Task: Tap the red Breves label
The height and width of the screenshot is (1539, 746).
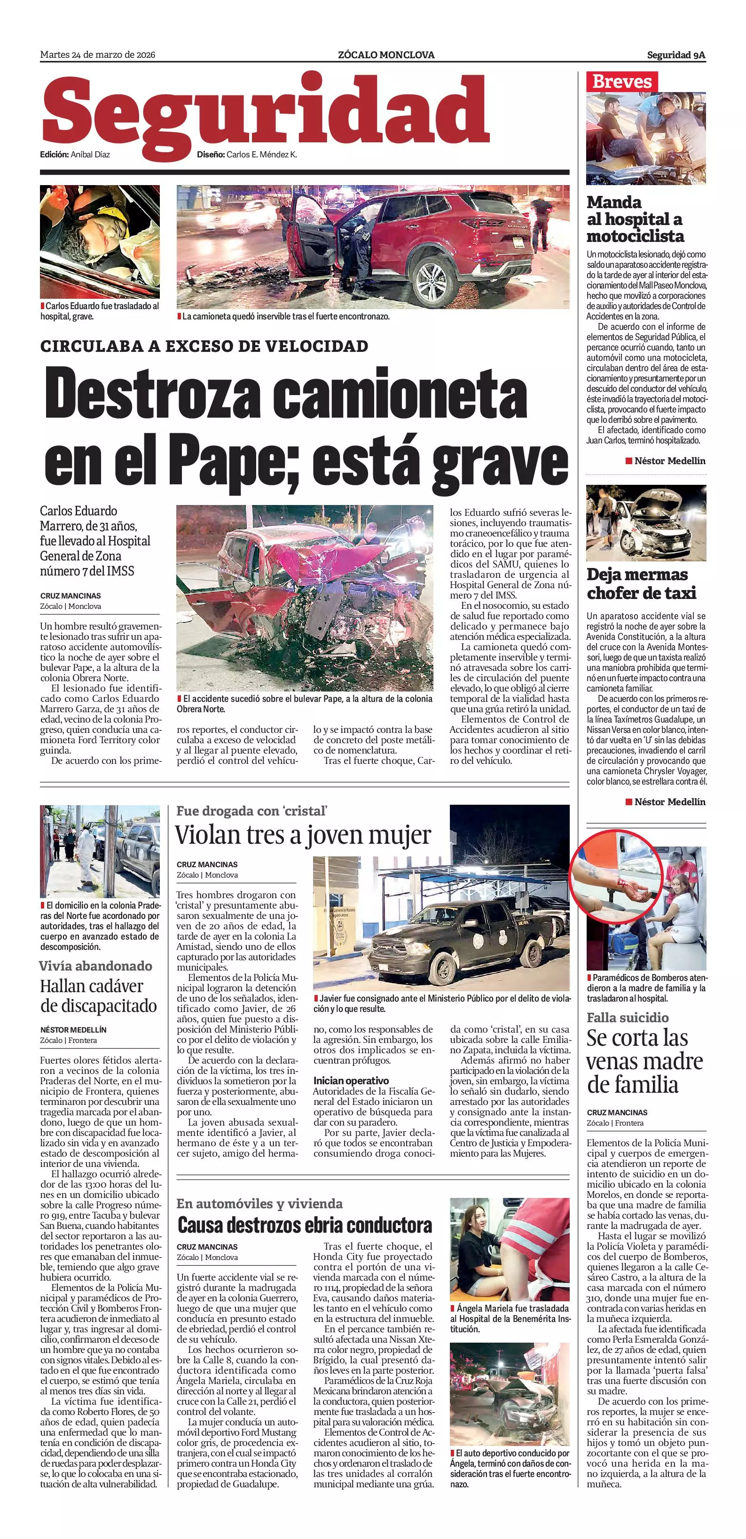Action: click(x=621, y=81)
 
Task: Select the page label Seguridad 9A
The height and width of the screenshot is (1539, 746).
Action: click(x=676, y=55)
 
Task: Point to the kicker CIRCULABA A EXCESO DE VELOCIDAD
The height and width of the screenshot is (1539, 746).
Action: click(x=204, y=346)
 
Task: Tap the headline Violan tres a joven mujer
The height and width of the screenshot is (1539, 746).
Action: click(x=303, y=835)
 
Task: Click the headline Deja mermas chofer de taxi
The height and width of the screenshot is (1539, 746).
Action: click(x=641, y=583)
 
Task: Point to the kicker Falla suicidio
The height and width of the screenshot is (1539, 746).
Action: click(x=628, y=1018)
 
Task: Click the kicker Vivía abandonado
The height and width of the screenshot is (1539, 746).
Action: click(x=95, y=966)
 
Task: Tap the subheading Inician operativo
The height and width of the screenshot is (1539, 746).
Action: click(x=351, y=1081)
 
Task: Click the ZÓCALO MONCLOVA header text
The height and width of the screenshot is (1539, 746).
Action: click(x=386, y=55)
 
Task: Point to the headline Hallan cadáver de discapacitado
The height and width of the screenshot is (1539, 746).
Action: click(x=99, y=996)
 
